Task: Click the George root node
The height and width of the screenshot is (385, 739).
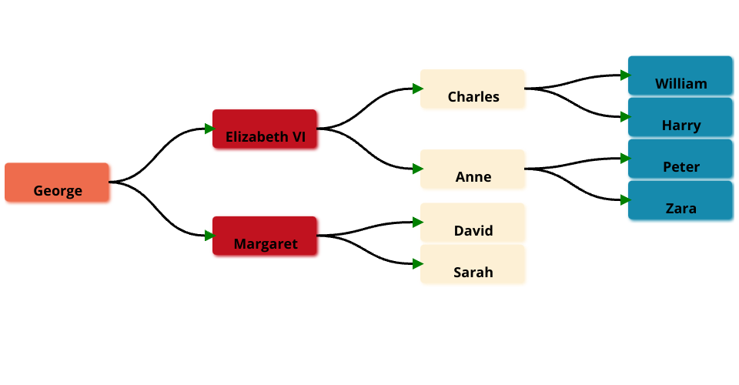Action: point(57,182)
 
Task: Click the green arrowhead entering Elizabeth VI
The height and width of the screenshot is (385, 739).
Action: point(209,129)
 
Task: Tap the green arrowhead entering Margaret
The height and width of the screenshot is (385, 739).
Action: point(209,236)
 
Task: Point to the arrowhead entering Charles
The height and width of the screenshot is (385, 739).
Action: point(418,89)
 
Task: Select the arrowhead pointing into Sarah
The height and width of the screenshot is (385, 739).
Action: point(418,264)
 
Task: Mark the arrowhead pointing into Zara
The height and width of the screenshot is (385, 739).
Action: point(626,200)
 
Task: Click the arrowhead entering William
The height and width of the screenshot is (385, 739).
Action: point(626,75)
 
